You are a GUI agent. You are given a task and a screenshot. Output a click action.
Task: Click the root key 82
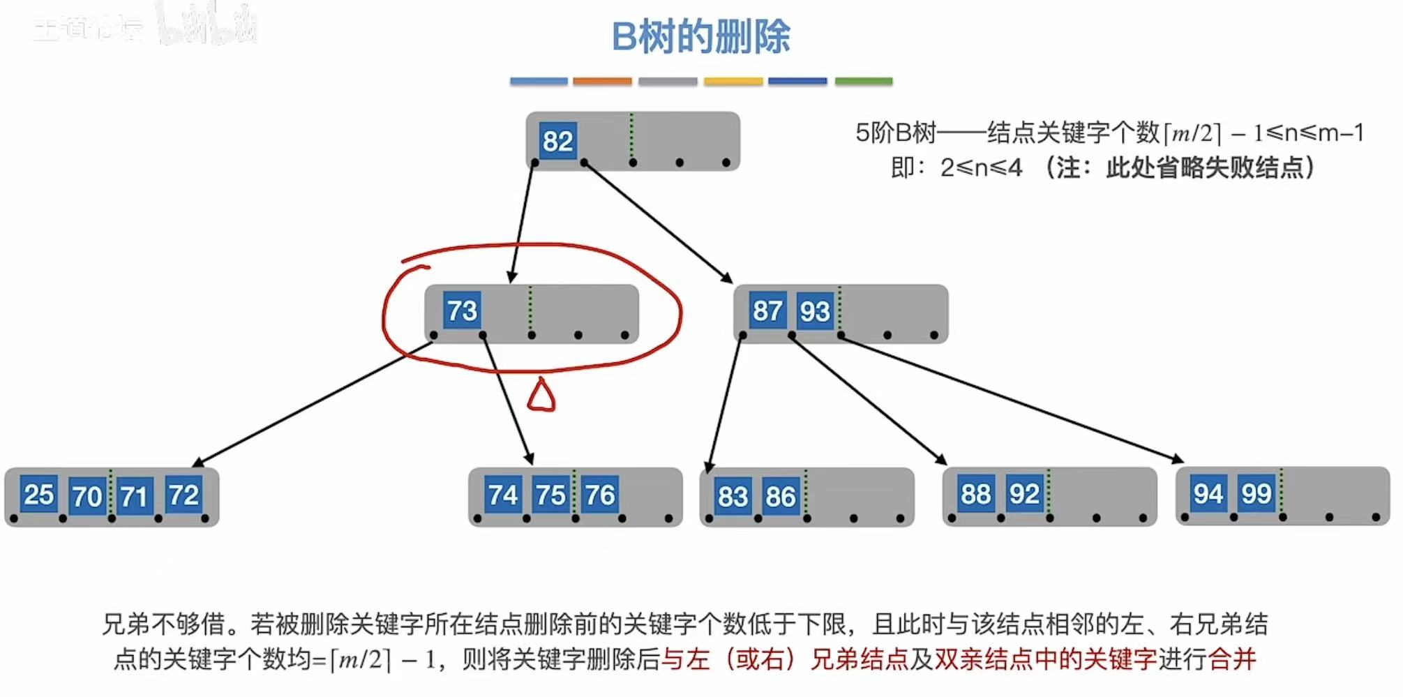557,142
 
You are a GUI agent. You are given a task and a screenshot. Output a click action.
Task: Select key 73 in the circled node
462,311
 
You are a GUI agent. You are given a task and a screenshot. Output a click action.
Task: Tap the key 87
767,311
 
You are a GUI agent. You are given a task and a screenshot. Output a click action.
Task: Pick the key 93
814,312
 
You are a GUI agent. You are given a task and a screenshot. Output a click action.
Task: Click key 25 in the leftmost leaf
38,495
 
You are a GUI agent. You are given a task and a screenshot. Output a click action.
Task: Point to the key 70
87,496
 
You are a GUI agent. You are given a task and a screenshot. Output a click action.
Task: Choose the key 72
183,495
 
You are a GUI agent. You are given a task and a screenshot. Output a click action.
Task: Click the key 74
502,495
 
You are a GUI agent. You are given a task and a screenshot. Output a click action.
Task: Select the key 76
599,495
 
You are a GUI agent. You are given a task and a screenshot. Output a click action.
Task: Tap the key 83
733,496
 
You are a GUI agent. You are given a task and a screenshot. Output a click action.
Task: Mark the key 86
780,496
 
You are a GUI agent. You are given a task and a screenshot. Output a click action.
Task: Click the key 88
975,494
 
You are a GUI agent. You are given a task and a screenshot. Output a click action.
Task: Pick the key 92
1023,494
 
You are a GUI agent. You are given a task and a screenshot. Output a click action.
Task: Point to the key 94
1208,494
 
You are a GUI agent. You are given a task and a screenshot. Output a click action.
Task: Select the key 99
1256,494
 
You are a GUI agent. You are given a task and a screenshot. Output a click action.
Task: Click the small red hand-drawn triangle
541,396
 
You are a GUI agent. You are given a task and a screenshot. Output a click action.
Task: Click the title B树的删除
700,37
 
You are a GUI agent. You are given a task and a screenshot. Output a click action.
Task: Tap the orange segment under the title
602,82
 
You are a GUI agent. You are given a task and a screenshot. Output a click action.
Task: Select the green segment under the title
863,82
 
